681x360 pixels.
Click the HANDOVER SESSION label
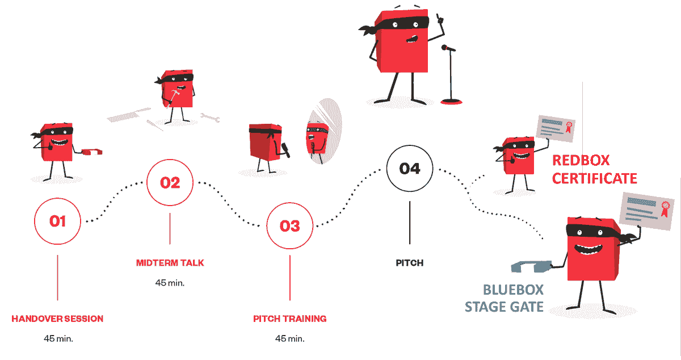57,319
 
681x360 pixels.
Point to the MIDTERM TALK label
170,263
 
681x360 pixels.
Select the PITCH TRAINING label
290,319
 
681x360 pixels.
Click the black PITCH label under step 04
410,263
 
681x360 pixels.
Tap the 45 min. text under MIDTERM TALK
170,283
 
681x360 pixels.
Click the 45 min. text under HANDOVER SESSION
58,338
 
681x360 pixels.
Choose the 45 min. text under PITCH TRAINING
290,338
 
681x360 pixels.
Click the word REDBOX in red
581,160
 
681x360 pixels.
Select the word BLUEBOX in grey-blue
513,290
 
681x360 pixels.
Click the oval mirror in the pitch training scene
325,131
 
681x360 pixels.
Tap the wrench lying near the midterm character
210,118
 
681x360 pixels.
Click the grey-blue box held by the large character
531,266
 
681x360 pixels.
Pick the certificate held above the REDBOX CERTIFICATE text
556,128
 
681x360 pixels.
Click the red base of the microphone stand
452,102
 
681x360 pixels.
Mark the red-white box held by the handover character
92,152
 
